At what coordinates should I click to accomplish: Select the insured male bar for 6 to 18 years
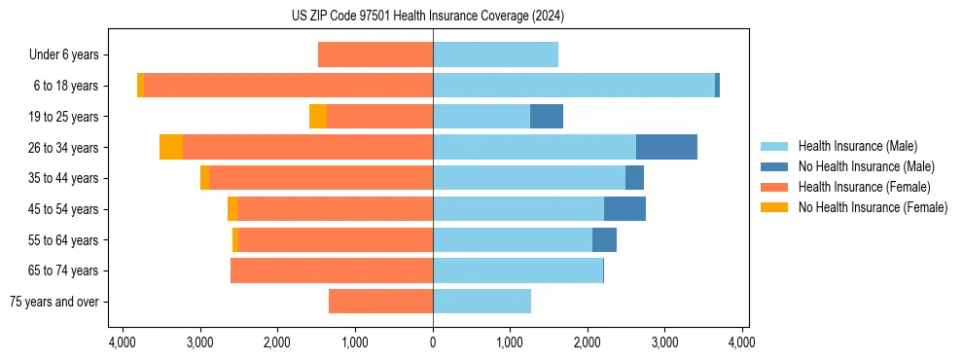[x=574, y=86]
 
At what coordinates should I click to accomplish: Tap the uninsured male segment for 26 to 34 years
[x=666, y=147]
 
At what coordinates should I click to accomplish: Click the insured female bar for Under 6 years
[x=375, y=55]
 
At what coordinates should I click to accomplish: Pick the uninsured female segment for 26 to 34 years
[x=171, y=147]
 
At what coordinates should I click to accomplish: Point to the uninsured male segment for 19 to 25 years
[x=547, y=117]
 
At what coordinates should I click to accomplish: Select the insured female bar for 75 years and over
[x=380, y=302]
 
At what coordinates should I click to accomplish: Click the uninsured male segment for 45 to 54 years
[x=624, y=209]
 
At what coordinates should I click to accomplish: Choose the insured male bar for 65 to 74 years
[x=517, y=270]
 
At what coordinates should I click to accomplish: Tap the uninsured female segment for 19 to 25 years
[x=318, y=117]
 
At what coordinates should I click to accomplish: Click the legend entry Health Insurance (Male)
[x=857, y=146]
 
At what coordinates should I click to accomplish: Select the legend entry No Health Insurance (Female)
[x=873, y=207]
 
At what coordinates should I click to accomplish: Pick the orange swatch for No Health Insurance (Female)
[x=775, y=207]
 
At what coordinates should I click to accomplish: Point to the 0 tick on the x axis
[x=433, y=342]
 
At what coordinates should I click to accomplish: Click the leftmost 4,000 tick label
[x=123, y=342]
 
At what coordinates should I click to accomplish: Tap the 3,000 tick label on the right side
[x=665, y=342]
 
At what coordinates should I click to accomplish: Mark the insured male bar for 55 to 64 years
[x=513, y=239]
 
